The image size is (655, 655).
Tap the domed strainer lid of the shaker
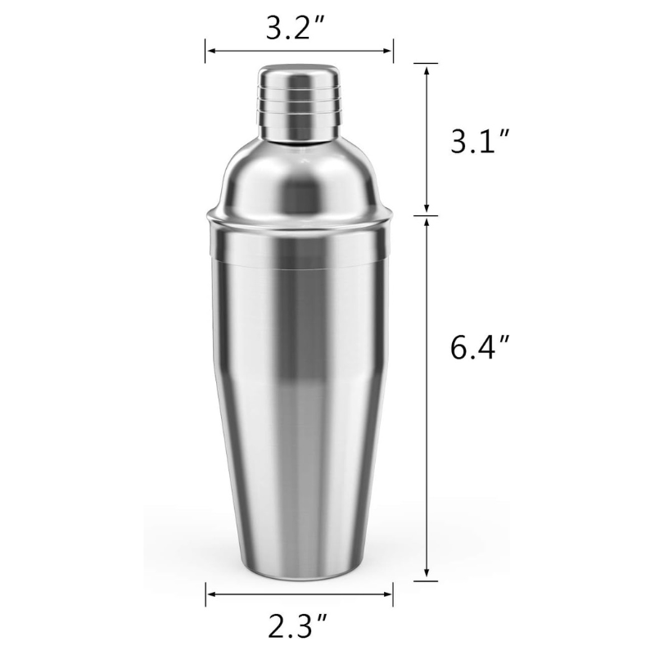click(x=299, y=176)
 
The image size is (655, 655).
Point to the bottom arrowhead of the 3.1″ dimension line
click(x=427, y=210)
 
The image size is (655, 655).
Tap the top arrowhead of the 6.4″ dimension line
click(x=427, y=222)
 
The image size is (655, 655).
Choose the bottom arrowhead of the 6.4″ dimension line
click(x=427, y=576)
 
